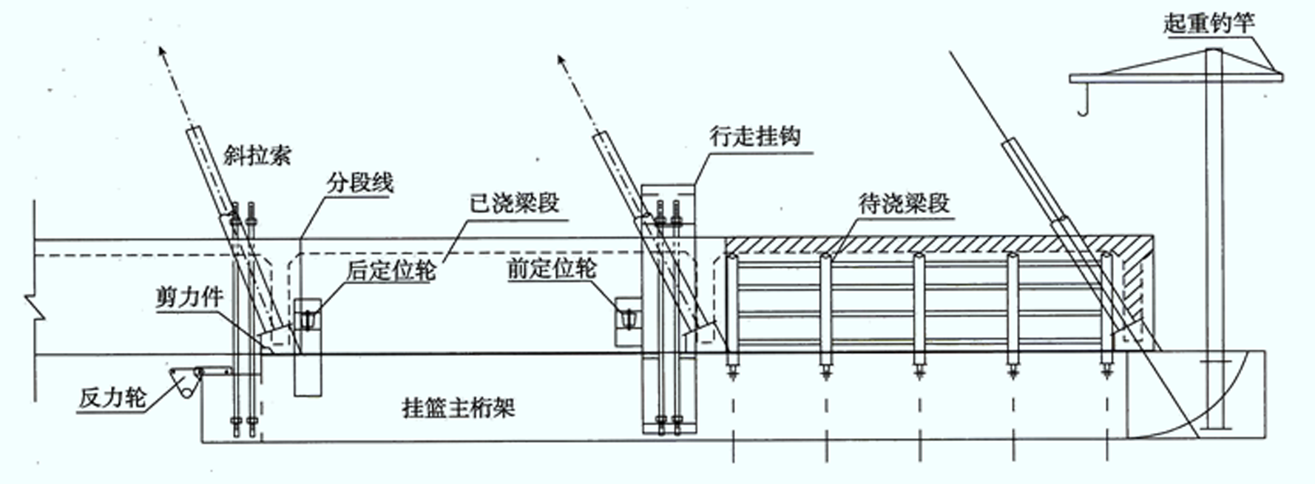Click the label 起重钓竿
pos(1209,23)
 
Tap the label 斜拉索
pos(257,155)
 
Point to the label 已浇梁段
pos(514,202)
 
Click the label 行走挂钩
pos(754,135)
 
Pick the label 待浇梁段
pos(904,202)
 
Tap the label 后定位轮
pos(390,270)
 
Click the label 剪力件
pos(189,298)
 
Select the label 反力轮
pos(112,398)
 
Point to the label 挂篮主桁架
pos(458,407)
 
